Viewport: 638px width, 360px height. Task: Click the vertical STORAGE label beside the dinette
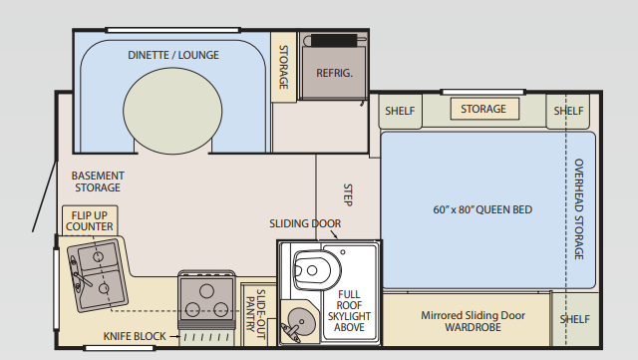tap(283, 67)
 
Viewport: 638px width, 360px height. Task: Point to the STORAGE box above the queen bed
tap(482, 109)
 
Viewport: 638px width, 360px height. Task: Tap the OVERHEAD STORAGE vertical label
tap(579, 209)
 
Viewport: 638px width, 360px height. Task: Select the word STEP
tap(348, 192)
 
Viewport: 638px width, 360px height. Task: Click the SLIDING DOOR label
tap(305, 223)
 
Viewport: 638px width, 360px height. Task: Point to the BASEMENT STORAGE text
tap(97, 181)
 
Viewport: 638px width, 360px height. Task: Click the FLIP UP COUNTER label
tap(89, 220)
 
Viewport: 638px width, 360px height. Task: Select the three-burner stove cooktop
tap(205, 296)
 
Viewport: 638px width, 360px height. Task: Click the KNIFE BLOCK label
tap(134, 336)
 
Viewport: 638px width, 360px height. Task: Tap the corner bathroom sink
tap(296, 322)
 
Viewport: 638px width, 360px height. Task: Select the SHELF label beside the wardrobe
tap(574, 319)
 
